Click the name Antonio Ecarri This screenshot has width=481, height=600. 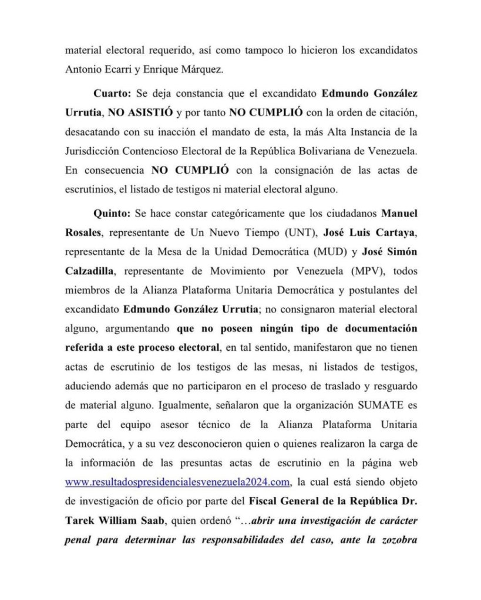[95, 69]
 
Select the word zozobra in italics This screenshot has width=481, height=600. [399, 540]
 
